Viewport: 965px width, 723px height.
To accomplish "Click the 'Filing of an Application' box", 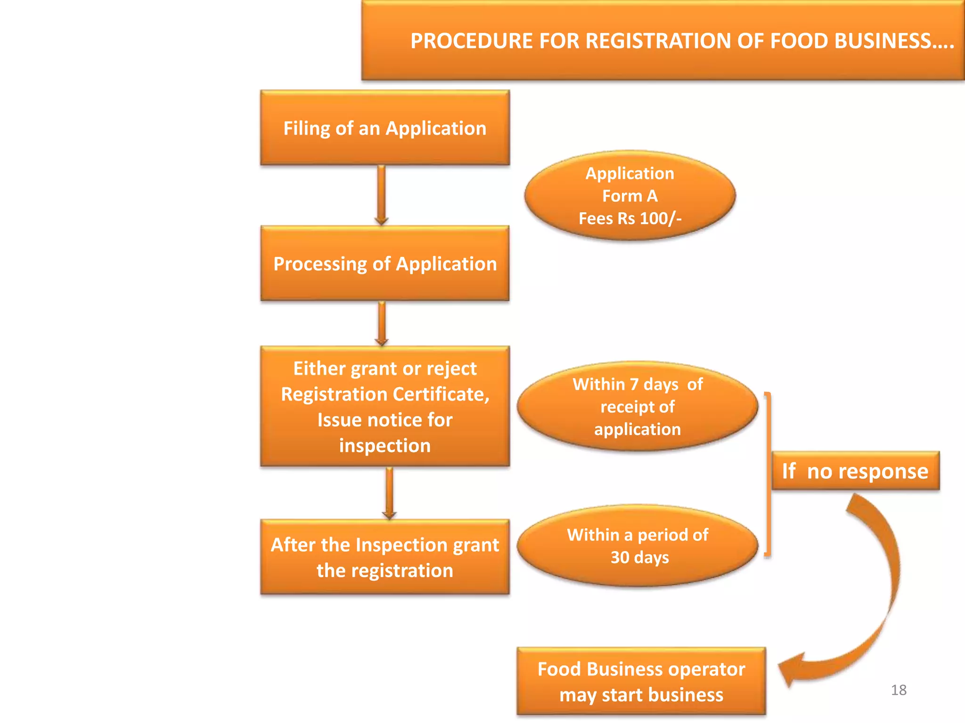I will point(384,128).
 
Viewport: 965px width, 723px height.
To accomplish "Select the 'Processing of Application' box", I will point(384,264).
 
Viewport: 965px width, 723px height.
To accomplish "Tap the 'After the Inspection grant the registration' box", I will point(384,557).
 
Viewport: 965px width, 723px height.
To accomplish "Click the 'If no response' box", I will point(855,471).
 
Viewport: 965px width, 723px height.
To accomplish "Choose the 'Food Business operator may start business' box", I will point(641,682).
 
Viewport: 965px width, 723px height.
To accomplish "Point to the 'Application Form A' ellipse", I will point(630,195).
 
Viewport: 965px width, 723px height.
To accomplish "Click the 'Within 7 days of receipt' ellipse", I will point(637,407).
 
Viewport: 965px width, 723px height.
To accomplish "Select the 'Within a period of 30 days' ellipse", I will point(637,546).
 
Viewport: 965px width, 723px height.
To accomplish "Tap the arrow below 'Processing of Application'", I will point(382,324).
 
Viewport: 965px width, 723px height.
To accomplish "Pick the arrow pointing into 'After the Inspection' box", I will point(389,493).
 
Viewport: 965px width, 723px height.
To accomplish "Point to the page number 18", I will point(899,690).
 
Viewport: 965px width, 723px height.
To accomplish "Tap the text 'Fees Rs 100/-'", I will point(630,218).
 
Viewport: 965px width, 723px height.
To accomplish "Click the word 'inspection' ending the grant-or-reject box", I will point(384,446).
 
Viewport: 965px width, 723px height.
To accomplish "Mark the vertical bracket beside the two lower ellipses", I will point(768,475).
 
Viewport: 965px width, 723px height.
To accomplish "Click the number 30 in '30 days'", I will point(620,557).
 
